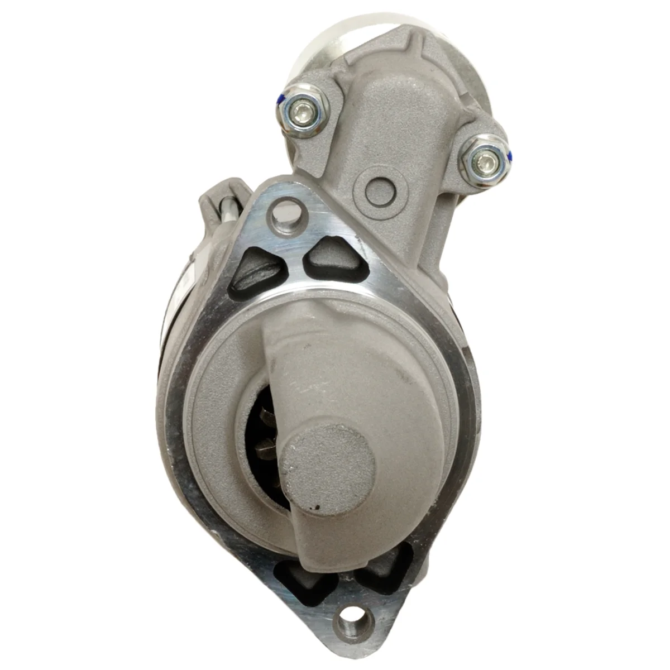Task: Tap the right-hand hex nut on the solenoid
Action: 483,160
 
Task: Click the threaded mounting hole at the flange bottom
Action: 353,620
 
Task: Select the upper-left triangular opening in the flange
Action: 255,271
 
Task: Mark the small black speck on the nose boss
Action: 317,508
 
